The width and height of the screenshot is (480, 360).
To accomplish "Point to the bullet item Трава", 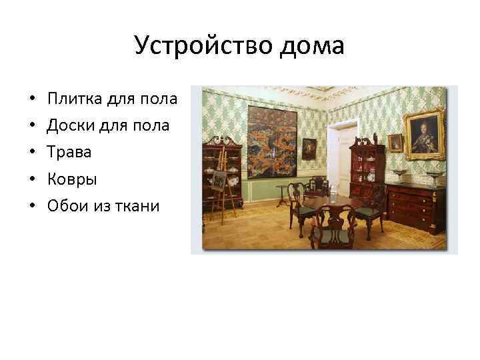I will [x=69, y=152].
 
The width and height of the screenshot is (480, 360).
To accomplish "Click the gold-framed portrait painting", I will [x=425, y=133].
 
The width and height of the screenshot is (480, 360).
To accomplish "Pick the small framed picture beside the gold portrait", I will [x=395, y=142].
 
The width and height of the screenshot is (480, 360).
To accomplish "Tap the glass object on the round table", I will [x=334, y=193].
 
